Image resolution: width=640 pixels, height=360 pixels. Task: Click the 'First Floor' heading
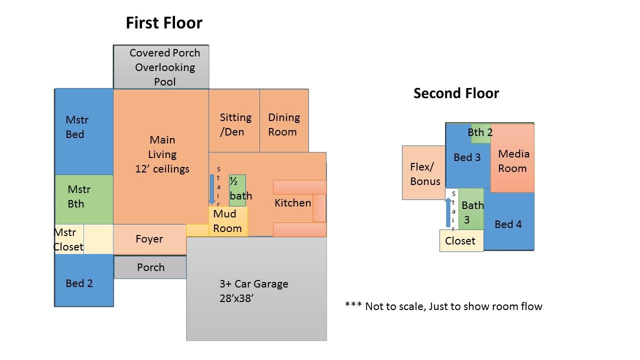click(164, 23)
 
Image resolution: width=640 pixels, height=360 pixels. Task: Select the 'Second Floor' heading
click(456, 93)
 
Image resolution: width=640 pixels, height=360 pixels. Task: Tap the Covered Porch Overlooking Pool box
click(161, 67)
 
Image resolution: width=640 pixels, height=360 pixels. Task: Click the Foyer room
click(149, 239)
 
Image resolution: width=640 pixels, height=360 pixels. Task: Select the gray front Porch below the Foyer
click(150, 267)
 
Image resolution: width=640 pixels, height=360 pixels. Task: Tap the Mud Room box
click(228, 221)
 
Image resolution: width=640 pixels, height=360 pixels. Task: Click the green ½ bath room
click(238, 190)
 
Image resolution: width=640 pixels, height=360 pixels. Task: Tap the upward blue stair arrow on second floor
click(448, 212)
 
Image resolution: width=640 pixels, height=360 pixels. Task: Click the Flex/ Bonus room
click(423, 173)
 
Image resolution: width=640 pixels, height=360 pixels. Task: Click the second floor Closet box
click(461, 241)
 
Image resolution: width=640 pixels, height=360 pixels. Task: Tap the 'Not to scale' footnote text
click(443, 306)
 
